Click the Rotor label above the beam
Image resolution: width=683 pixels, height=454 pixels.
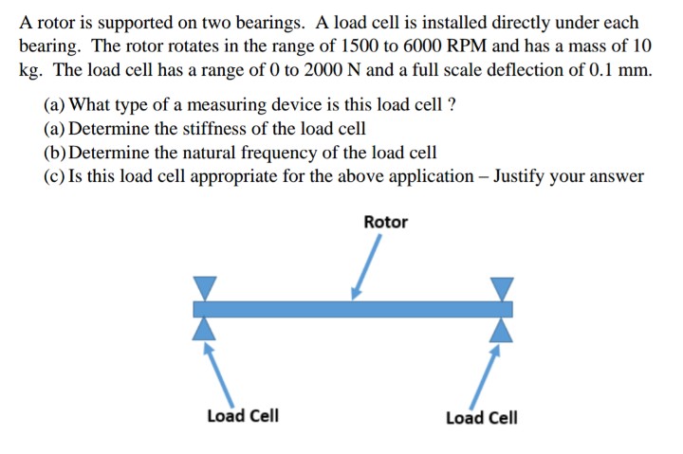[385, 222]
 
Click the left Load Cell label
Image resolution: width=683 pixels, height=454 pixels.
[243, 416]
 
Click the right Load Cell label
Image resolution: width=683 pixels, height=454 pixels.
[482, 418]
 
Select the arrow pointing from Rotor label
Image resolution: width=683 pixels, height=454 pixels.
[367, 263]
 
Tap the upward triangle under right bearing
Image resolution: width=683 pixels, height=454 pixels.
[502, 328]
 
